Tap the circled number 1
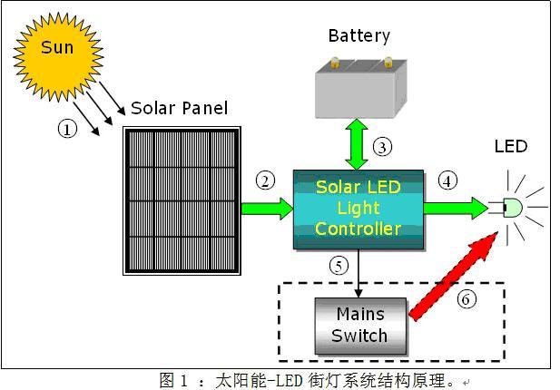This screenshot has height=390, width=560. pos(67,129)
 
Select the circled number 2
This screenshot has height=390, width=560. pos(265,180)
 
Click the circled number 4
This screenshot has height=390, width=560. pos(446,180)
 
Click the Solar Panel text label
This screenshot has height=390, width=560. pos(179,108)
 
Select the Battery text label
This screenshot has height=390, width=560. pos(359,35)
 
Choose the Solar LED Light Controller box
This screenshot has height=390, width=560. pos(358,210)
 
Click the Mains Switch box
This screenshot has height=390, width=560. pos(359,325)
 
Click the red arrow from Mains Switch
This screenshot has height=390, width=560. pos(454,274)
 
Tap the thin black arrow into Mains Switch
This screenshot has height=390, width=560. pos(361,273)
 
